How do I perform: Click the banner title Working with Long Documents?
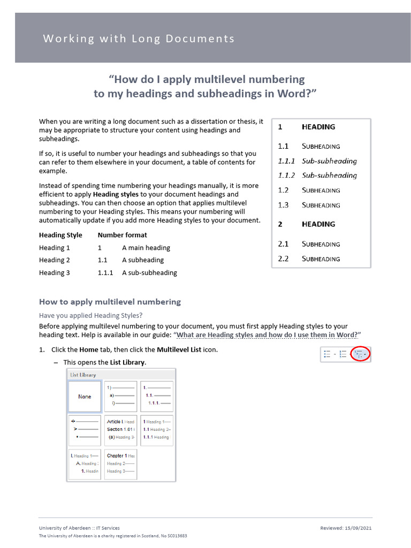click(x=139, y=39)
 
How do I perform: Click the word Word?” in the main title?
click(x=298, y=94)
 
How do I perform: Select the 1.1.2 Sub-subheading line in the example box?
click(x=317, y=176)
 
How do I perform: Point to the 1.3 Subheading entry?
click(x=309, y=205)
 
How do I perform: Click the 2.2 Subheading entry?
click(x=309, y=259)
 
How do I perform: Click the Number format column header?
click(x=122, y=235)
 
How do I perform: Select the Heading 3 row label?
click(x=55, y=272)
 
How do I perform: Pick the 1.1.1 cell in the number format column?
click(x=105, y=272)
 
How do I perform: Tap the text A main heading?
click(x=146, y=248)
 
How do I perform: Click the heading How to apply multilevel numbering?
click(x=110, y=302)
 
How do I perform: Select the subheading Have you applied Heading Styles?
click(x=91, y=315)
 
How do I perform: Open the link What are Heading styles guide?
click(x=267, y=335)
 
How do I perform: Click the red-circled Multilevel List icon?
click(x=362, y=354)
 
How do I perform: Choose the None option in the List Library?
click(x=85, y=397)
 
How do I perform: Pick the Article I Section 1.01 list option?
click(x=121, y=429)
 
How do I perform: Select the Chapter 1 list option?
click(x=121, y=463)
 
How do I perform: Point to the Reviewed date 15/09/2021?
click(x=346, y=528)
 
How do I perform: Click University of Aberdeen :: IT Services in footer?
click(x=79, y=528)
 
